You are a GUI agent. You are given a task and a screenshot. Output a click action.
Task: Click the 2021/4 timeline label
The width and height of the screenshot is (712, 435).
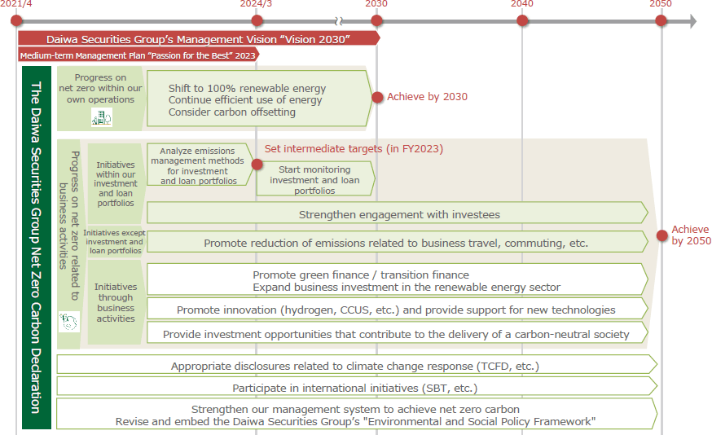(17, 4)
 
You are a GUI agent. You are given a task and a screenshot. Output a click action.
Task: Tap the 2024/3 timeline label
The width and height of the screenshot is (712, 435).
(256, 4)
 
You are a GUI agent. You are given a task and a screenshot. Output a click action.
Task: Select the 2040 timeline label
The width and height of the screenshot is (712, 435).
(521, 4)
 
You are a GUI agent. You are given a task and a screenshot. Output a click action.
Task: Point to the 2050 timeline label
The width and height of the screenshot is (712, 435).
(661, 4)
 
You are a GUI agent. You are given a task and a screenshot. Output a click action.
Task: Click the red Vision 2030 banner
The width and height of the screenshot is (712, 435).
(198, 38)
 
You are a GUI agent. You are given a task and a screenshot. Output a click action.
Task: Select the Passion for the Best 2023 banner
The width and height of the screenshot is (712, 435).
(138, 55)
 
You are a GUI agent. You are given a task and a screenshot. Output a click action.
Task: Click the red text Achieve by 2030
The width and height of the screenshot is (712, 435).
(427, 97)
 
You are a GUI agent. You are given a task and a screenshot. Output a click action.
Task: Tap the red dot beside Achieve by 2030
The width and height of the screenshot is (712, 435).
(377, 97)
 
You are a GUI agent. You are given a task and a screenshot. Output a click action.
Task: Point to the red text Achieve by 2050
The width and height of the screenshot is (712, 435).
(691, 235)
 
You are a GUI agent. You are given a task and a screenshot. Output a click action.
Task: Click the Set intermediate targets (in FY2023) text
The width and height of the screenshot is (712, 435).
(354, 149)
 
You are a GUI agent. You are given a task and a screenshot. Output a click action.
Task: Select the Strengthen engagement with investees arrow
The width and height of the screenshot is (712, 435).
(398, 214)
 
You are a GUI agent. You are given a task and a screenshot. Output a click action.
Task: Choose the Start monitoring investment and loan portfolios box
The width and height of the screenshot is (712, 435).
(314, 179)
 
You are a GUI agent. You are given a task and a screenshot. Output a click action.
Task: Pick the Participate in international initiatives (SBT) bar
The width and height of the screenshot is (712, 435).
(356, 388)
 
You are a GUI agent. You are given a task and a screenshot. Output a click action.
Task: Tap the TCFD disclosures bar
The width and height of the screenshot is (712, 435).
(356, 366)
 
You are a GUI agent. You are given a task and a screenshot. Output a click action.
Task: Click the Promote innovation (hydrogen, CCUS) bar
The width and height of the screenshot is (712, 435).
(397, 310)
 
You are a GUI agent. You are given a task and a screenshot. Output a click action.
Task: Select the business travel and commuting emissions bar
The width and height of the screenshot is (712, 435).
(397, 243)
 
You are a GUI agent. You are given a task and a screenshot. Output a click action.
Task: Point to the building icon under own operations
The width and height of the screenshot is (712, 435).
(102, 118)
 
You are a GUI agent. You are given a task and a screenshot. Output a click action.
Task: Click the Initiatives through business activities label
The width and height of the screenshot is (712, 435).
(116, 303)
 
